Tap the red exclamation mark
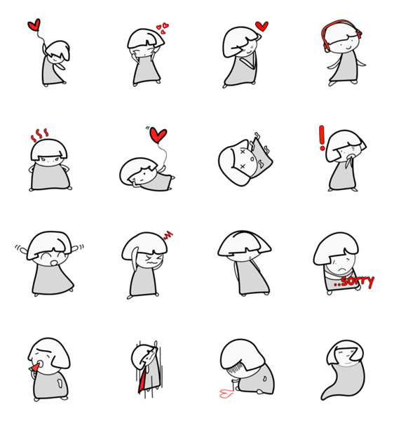point(322,138)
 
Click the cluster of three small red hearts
point(163,28)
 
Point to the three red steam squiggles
point(39,135)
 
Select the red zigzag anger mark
point(168,235)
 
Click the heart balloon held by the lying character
point(158,135)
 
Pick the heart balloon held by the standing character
point(34,25)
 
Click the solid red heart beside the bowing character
point(261,27)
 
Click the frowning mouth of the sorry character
point(341,269)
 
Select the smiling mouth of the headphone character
point(348,48)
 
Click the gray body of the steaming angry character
point(50,177)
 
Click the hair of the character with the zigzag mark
point(144,246)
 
